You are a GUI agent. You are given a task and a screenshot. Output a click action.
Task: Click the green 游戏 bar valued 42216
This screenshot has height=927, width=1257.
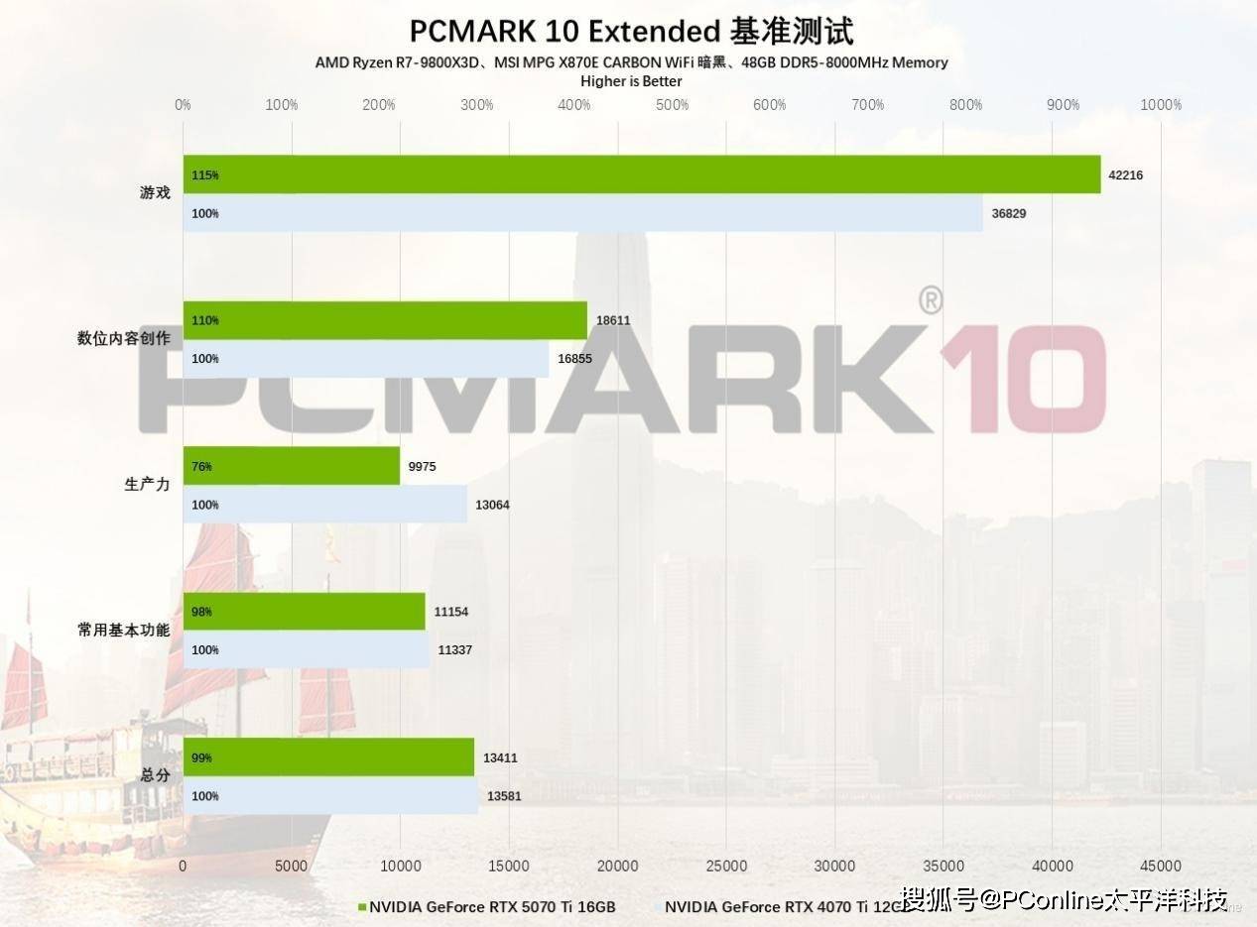pos(641,174)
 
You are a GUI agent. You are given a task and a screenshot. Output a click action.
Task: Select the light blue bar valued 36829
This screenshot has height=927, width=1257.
pos(582,213)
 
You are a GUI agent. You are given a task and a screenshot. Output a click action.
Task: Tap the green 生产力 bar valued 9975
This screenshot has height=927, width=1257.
pos(291,466)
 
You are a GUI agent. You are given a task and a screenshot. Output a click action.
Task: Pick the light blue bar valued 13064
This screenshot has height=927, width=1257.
pos(324,505)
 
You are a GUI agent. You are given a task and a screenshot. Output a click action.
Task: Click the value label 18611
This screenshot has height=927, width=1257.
pos(613,320)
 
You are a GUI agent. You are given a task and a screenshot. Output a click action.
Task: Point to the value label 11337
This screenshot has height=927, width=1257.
pos(454,650)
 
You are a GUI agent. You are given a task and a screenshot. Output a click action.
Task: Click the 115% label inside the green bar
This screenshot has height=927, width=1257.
pos(204,175)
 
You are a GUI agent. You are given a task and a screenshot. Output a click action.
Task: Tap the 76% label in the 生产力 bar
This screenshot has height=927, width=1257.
pos(201,466)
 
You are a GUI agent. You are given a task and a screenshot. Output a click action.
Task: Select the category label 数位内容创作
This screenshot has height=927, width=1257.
pos(124,339)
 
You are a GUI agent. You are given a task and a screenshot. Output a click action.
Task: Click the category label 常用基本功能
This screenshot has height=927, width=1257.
pos(124,630)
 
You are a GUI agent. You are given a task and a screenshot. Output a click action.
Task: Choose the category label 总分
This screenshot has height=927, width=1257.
pos(156,775)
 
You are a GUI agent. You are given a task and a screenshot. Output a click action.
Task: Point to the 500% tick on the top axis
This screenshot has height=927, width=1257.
pos(672,105)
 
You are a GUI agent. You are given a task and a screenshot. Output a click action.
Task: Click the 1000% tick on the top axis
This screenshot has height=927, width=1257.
pos(1161,105)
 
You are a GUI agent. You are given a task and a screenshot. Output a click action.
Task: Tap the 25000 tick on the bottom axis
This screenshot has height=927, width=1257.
pos(726,866)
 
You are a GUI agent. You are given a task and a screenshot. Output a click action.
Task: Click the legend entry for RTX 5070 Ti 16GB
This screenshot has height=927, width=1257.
pos(486,907)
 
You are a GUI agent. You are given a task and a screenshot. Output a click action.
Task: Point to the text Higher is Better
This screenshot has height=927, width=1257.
pos(631,81)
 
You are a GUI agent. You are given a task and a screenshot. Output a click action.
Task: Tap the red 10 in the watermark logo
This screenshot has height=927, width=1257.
pos(1022,380)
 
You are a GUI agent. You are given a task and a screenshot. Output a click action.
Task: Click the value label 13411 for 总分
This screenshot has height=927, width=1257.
pos(500,758)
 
